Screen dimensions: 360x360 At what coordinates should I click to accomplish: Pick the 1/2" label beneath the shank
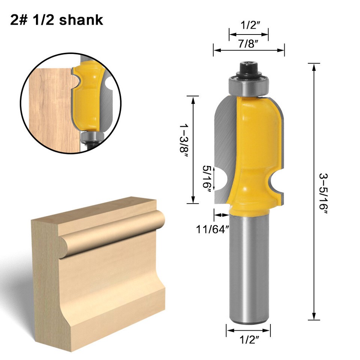coord(249,340)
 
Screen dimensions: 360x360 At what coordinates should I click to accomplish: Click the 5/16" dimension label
coord(206,178)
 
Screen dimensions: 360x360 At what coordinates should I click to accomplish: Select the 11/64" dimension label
coord(212,228)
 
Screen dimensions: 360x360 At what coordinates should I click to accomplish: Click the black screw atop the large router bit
coord(249,68)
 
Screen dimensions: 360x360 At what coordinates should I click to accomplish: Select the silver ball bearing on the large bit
coord(249,85)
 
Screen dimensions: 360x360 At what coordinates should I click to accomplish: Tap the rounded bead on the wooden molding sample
coord(112,232)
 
